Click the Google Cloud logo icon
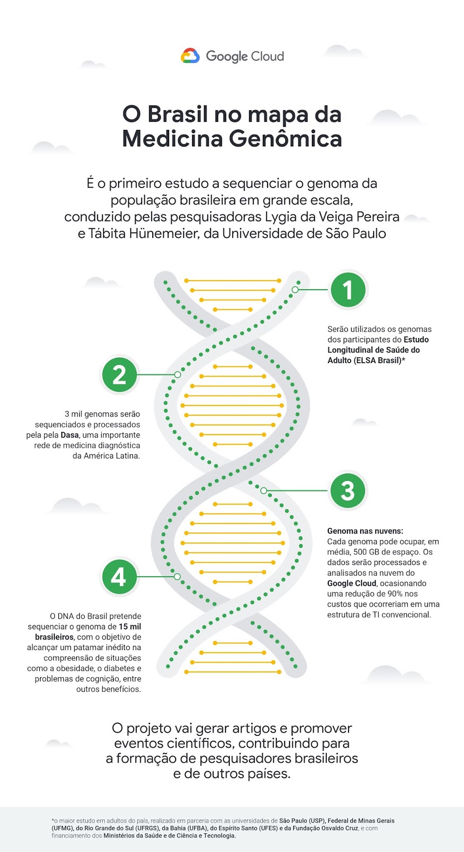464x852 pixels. pyautogui.click(x=190, y=56)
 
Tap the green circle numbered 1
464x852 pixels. pyautogui.click(x=348, y=290)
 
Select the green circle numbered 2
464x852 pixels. pyautogui.click(x=119, y=374)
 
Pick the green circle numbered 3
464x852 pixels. pyautogui.click(x=347, y=490)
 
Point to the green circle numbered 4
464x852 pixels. pyautogui.click(x=119, y=577)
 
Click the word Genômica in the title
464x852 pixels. pyautogui.click(x=286, y=139)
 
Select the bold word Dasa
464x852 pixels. pyautogui.click(x=70, y=435)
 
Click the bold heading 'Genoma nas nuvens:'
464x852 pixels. pyautogui.click(x=365, y=531)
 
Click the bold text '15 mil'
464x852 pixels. pyautogui.click(x=130, y=627)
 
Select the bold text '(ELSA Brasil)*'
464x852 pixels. pyautogui.click(x=379, y=361)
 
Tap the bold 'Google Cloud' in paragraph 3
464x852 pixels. pyautogui.click(x=351, y=583)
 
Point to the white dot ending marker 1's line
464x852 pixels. pyautogui.click(x=295, y=290)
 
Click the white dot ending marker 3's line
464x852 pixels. pyautogui.click(x=263, y=490)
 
